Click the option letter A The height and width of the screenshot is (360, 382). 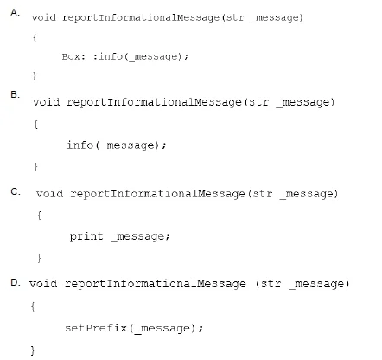click(15, 12)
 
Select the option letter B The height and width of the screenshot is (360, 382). click(15, 94)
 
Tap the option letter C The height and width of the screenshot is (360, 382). click(16, 191)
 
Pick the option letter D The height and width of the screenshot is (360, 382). click(16, 282)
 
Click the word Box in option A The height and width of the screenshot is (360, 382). click(71, 56)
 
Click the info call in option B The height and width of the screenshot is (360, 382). click(117, 145)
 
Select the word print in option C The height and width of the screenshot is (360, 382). click(86, 236)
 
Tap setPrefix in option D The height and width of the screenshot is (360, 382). click(96, 328)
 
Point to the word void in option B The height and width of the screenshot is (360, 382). click(46, 102)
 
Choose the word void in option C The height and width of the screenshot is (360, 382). click(49, 194)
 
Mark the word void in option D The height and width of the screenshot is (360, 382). click(43, 284)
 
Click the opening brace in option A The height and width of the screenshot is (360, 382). click(35, 37)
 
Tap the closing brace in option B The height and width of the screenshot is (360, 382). click(35, 167)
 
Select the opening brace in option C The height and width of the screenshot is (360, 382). click(39, 215)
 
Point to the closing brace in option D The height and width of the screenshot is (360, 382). click(33, 350)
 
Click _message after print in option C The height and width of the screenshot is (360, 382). click(141, 237)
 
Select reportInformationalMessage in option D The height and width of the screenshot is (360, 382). click(156, 284)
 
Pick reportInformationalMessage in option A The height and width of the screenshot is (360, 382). click(141, 18)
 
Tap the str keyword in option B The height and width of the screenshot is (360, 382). click(258, 102)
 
